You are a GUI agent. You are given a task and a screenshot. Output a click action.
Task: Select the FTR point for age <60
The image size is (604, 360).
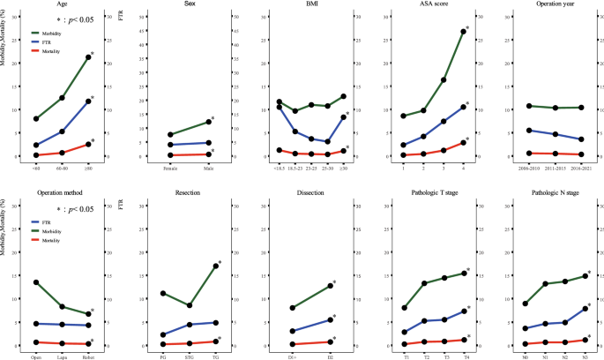[34, 146]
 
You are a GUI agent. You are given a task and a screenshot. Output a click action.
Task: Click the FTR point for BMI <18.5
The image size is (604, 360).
[280, 108]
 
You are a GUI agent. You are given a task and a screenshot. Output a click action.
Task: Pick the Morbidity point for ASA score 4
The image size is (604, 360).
[462, 32]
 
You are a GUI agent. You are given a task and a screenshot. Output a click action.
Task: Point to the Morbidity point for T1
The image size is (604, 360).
[404, 308]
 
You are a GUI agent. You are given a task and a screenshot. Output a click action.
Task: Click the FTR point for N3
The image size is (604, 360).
[585, 308]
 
